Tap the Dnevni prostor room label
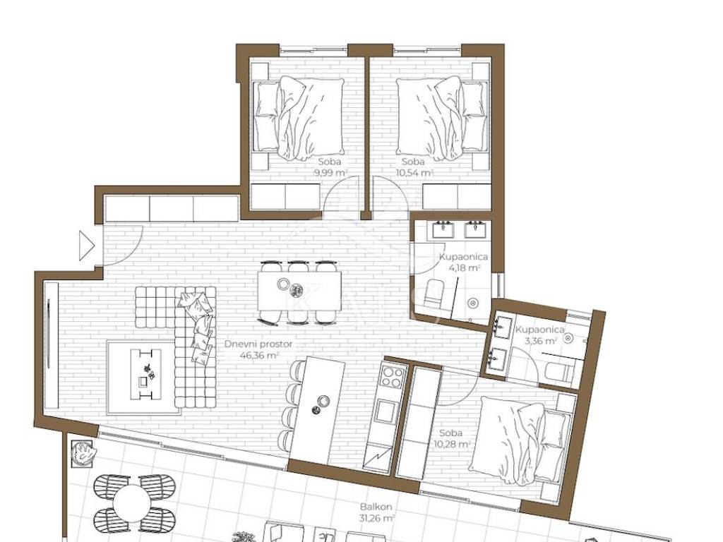[x=258, y=344]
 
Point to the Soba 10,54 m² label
[x=414, y=167]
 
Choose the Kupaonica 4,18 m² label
[x=463, y=263]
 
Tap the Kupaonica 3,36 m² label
[x=539, y=335]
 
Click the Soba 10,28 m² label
[x=451, y=438]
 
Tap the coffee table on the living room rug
[x=146, y=374]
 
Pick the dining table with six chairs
[x=299, y=291]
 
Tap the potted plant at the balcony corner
[x=82, y=453]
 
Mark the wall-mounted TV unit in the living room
[x=51, y=345]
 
